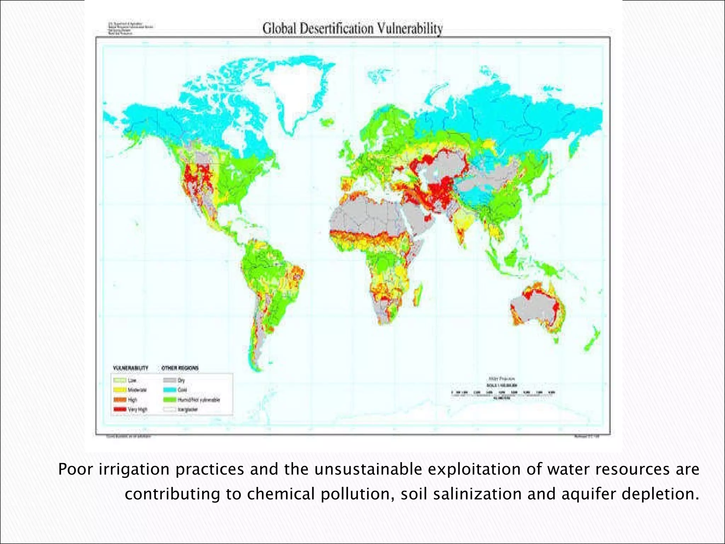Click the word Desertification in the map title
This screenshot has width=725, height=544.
click(x=336, y=28)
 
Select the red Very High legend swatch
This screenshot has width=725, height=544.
click(x=120, y=409)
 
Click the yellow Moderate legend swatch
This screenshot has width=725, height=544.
click(x=120, y=390)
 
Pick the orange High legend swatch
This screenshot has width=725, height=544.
click(x=120, y=399)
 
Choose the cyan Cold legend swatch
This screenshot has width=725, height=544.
click(x=170, y=390)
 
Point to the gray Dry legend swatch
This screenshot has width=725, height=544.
click(x=170, y=380)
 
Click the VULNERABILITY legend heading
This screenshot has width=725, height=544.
click(x=130, y=368)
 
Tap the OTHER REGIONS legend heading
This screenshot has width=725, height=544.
click(x=180, y=368)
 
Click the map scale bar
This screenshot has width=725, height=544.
click(x=503, y=393)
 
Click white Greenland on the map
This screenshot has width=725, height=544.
click(x=301, y=89)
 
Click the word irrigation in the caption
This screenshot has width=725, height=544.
click(x=135, y=470)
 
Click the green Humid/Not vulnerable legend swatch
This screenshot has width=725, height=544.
click(x=170, y=399)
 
